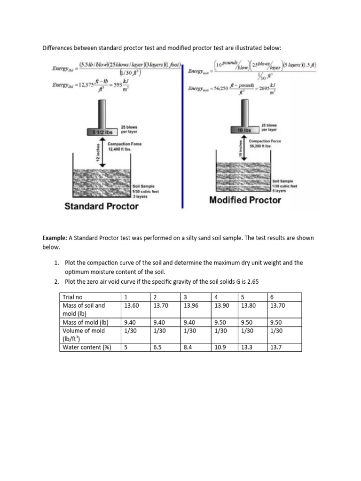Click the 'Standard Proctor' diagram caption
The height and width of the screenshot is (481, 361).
[x=101, y=206]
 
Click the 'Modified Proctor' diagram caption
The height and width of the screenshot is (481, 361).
[x=245, y=200]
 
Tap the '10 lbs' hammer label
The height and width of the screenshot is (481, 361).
[x=243, y=129]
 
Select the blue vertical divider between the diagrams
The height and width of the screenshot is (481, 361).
[x=183, y=136]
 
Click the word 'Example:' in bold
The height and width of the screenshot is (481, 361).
[x=55, y=238]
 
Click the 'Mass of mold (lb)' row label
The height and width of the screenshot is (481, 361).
[x=86, y=322]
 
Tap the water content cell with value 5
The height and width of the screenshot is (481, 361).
[x=126, y=348]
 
